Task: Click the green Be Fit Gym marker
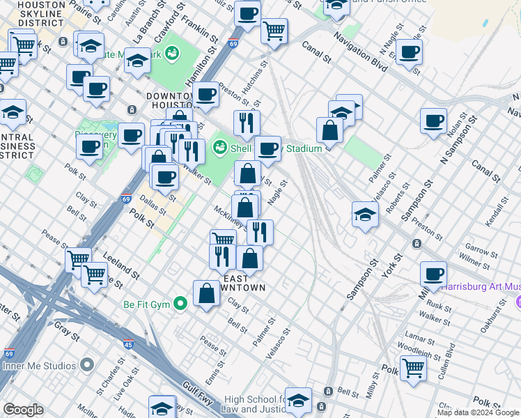181,304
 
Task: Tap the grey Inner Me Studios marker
87,365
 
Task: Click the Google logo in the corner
23,410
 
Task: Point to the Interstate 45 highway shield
129,344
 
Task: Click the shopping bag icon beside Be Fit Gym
207,293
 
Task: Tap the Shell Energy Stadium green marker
220,147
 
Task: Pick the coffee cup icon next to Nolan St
433,121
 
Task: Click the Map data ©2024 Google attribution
478,412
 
